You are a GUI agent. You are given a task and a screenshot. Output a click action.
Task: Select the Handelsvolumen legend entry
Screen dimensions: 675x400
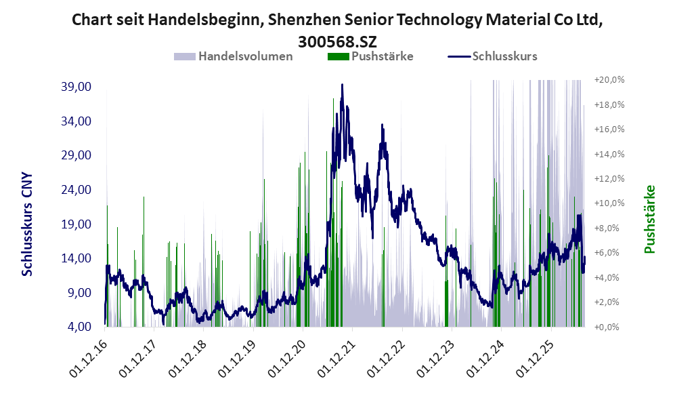tap(234, 56)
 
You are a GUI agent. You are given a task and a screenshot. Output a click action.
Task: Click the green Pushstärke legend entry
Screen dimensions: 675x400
tap(370, 56)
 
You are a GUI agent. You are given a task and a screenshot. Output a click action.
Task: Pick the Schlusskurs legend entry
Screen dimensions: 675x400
tap(492, 56)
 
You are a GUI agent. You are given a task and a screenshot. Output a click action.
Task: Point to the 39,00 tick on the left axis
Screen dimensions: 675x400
tap(77, 87)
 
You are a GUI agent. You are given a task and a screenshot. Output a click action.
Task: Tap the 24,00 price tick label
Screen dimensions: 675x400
tap(77, 190)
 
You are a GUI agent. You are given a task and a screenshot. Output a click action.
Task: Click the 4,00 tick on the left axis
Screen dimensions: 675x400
tap(79, 327)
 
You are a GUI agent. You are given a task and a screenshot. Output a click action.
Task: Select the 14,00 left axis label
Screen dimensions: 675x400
tap(77, 258)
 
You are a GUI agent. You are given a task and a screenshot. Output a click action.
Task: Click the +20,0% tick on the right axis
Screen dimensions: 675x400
tap(609, 80)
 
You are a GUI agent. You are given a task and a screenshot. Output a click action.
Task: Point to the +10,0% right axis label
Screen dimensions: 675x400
tap(609, 203)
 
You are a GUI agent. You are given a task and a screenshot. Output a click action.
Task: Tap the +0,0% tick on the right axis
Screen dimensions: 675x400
tap(607, 327)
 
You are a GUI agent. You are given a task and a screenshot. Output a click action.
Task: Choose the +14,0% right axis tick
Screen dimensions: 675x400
tap(609, 154)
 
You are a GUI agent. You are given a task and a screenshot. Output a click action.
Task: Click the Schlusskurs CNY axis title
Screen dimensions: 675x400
tap(27, 224)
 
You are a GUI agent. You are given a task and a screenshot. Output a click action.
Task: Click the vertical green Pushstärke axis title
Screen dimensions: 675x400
tap(649, 220)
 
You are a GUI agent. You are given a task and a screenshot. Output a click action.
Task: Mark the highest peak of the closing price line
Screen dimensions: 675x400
tap(342, 85)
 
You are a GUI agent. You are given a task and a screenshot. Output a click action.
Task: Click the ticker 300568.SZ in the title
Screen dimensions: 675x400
tap(337, 42)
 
